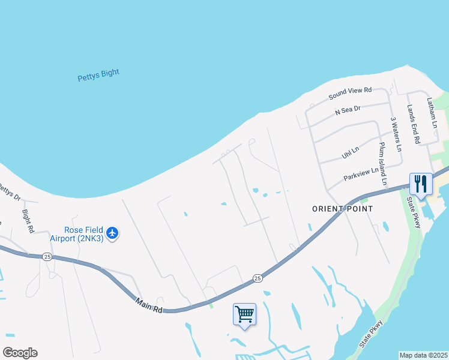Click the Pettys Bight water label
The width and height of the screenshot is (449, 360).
tap(98, 76)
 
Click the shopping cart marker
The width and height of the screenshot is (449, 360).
tap(244, 314)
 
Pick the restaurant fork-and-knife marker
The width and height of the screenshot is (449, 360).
tap(421, 183)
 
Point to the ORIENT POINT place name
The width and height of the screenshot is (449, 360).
tap(343, 209)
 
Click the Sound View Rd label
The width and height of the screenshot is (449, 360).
tap(350, 94)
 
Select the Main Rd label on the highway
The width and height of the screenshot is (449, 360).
tap(149, 305)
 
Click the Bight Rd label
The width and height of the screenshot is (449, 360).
tap(28, 221)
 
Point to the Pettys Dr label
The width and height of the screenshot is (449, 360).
tap(9, 191)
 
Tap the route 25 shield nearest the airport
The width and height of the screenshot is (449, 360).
tap(47, 256)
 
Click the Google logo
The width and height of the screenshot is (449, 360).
tap(20, 353)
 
